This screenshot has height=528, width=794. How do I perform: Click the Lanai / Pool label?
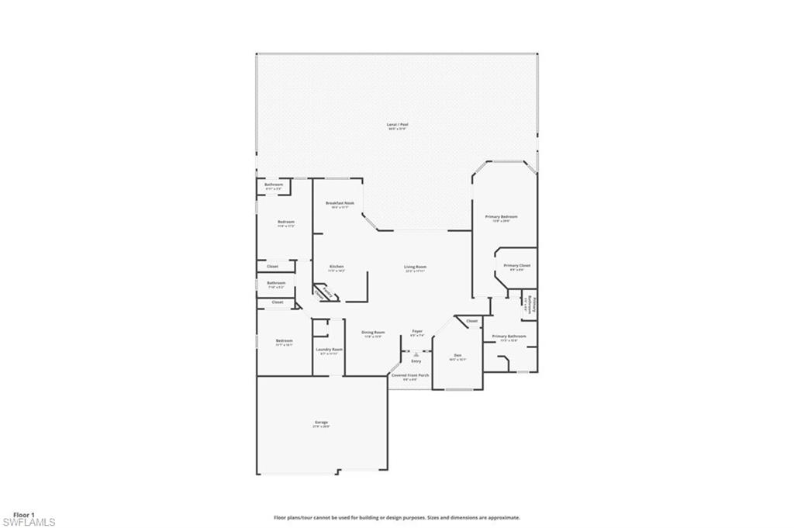coord(397,124)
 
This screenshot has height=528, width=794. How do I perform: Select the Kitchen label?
coord(336,266)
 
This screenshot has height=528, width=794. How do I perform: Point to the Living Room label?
coord(415,267)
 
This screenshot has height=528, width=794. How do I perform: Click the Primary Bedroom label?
coord(501,216)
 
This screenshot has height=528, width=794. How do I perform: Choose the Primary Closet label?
coord(516,265)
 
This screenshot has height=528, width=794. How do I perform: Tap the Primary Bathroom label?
coord(509,336)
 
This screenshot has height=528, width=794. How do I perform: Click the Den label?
coord(457,354)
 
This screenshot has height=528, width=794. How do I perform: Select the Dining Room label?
coord(373,332)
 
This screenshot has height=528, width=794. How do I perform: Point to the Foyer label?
coord(416,331)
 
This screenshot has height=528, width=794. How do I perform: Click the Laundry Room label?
coord(329,349)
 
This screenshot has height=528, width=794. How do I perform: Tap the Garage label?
coord(321,422)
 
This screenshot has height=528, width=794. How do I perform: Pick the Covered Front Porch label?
coord(410,374)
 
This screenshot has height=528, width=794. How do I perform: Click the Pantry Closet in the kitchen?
coord(326,293)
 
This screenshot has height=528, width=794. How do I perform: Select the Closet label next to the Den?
coord(471,320)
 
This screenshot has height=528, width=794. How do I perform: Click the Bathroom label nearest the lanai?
coord(274,185)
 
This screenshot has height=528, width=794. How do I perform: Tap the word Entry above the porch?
coord(416,361)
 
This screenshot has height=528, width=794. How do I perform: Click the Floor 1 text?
coord(24,514)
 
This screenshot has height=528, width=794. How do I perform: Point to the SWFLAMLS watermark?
coord(29,523)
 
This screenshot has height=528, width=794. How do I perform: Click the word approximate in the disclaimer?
coord(502,517)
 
